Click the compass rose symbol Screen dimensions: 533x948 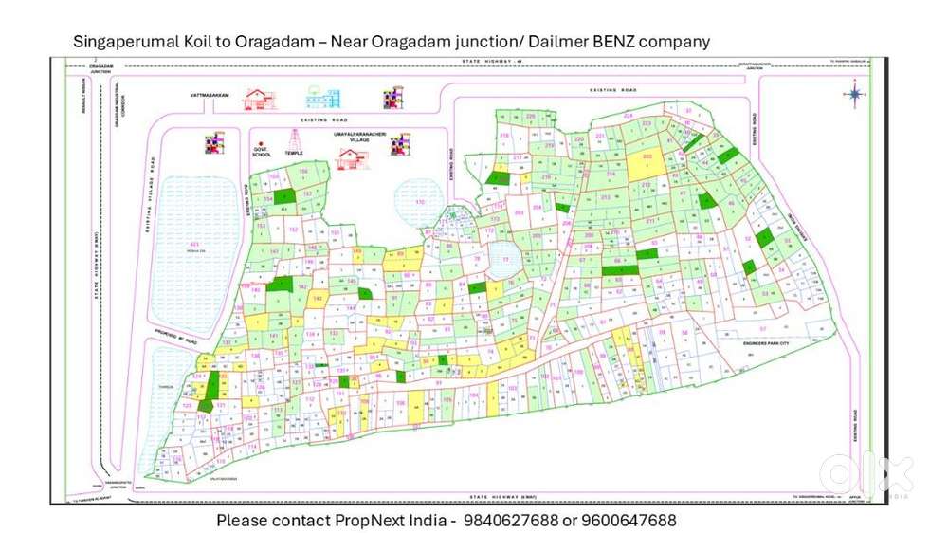pyautogui.click(x=855, y=93)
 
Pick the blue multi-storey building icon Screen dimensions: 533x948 pyautogui.click(x=322, y=97)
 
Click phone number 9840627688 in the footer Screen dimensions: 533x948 pyautogui.click(x=510, y=521)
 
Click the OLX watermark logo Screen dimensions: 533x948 pyautogui.click(x=865, y=474)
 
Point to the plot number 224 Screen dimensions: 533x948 pyautogui.click(x=628, y=115)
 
